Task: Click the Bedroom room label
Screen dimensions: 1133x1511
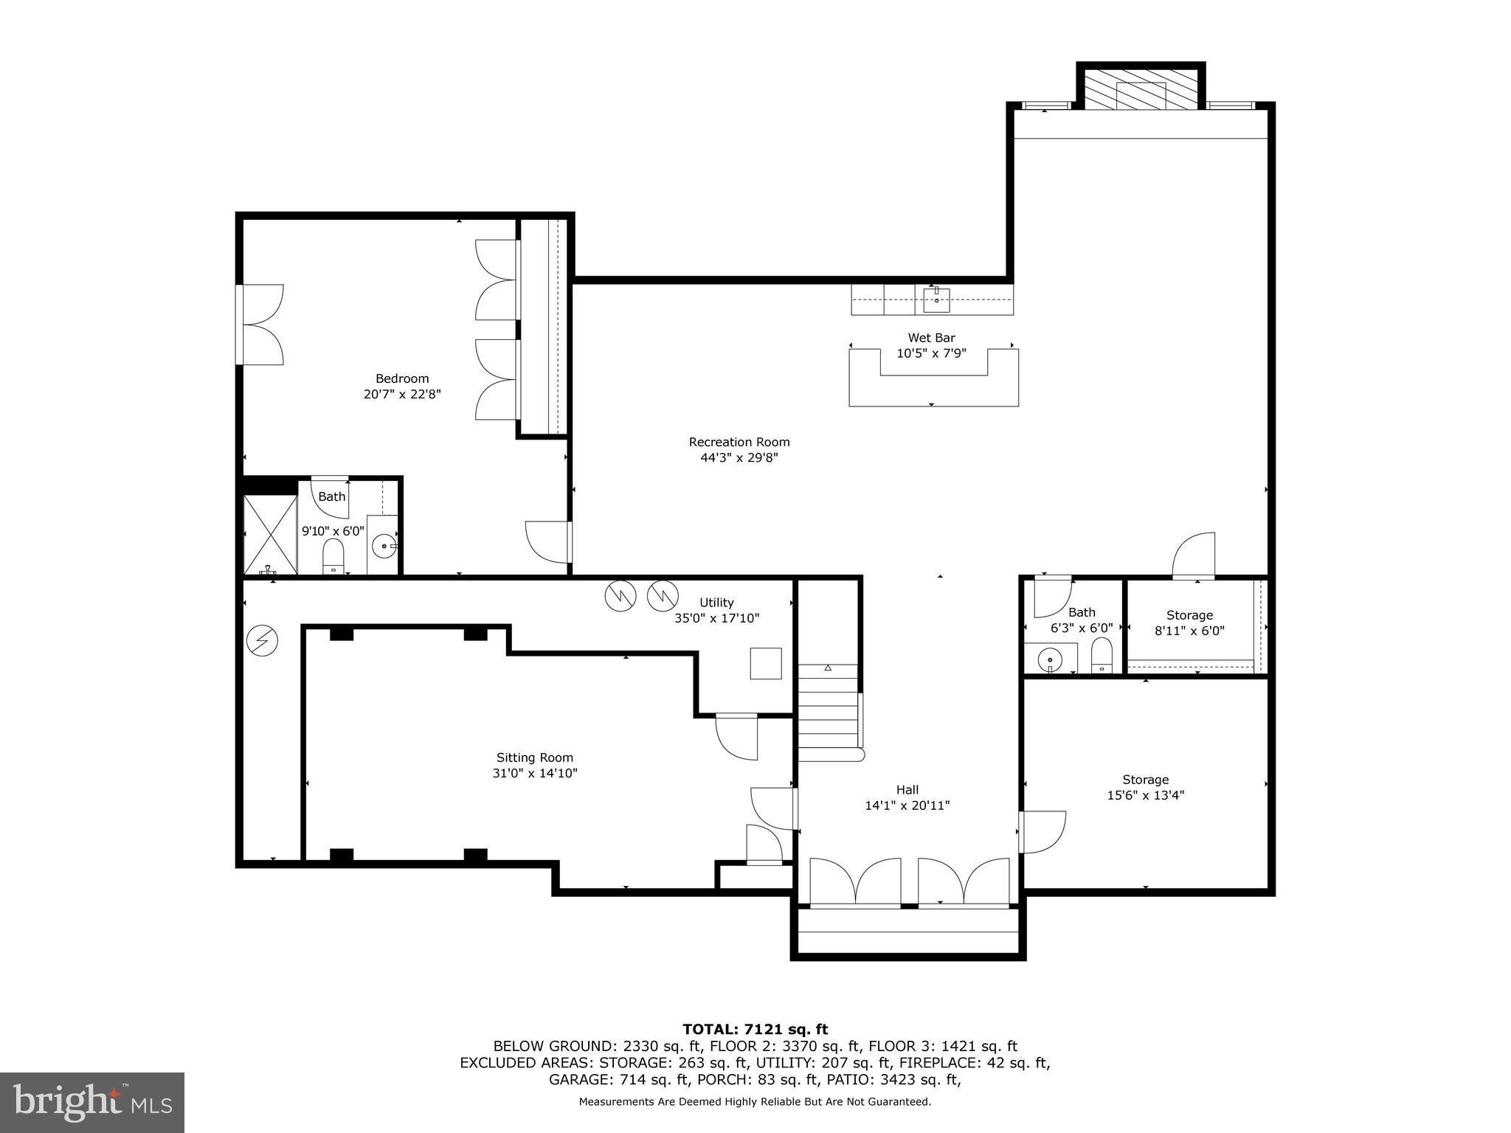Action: click(402, 378)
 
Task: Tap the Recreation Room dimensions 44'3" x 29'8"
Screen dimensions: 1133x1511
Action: click(739, 458)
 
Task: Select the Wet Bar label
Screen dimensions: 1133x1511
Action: click(931, 338)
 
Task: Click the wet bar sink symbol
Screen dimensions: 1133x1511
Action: click(936, 299)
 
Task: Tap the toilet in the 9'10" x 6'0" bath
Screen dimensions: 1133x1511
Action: click(333, 555)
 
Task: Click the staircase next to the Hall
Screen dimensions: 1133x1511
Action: click(829, 712)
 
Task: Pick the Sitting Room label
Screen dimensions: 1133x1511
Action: click(534, 758)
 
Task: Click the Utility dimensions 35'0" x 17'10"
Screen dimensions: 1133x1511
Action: click(716, 619)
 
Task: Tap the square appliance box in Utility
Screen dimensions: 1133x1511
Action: click(765, 663)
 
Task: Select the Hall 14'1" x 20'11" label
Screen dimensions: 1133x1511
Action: click(907, 797)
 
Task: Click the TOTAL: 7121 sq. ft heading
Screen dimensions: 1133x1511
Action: click(755, 1029)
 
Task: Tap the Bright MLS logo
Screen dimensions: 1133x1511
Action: click(92, 1102)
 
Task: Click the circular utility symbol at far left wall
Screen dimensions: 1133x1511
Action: click(261, 640)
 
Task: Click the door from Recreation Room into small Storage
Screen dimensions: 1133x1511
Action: click(1194, 555)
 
